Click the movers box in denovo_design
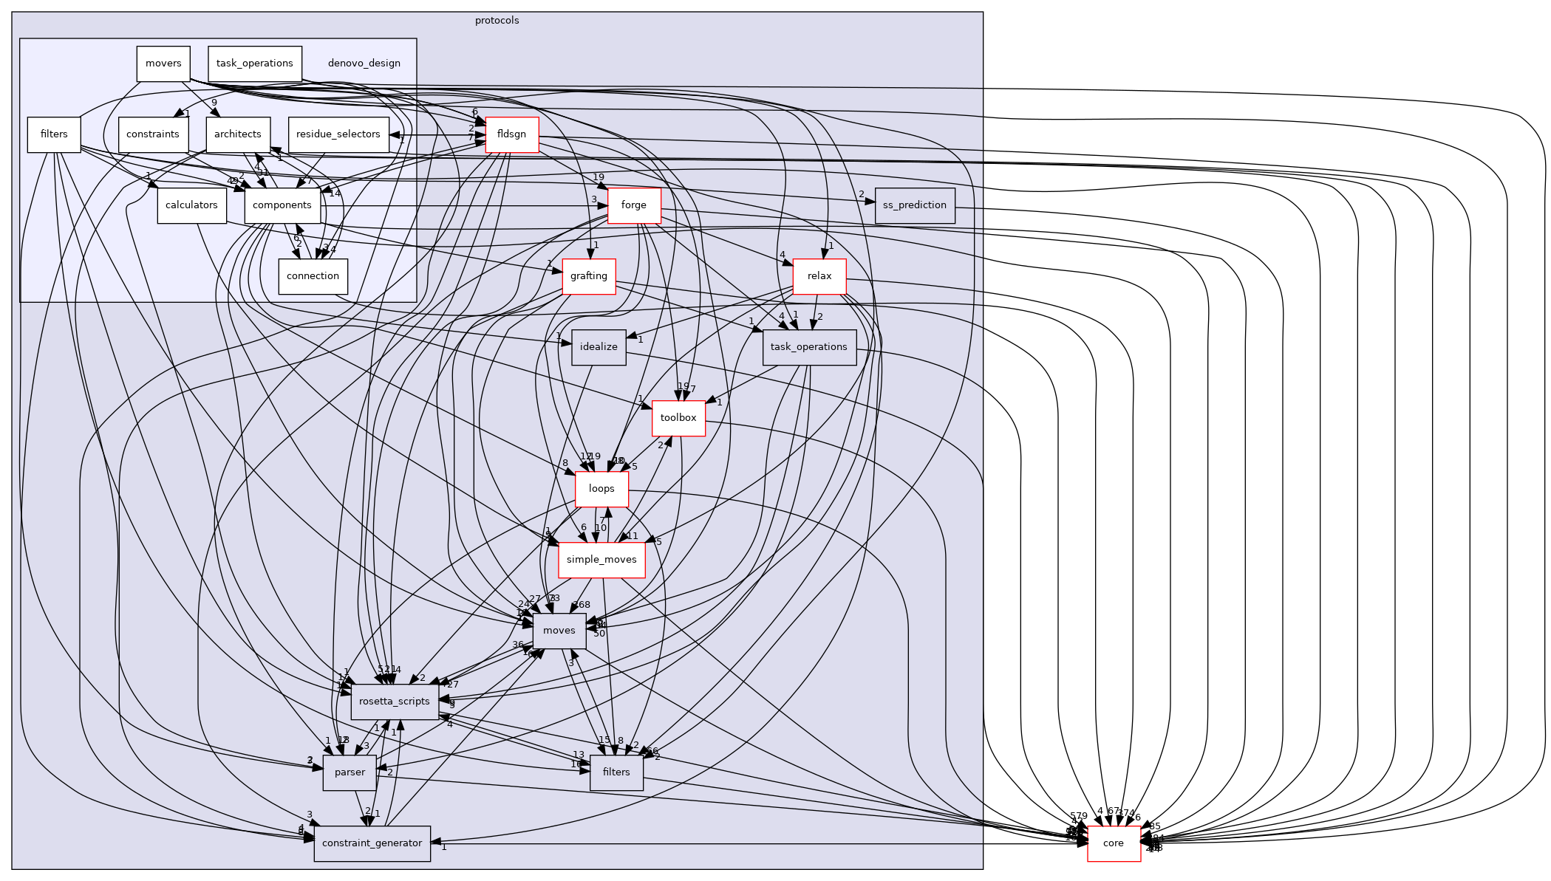pos(163,64)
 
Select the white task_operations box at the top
pos(255,64)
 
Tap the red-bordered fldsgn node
pos(511,134)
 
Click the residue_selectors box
pos(338,134)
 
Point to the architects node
pos(238,134)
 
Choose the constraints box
pos(153,134)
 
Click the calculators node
pos(191,205)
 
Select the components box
pos(282,205)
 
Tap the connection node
pos(313,276)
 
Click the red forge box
pos(633,205)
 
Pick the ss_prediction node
pos(915,205)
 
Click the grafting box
pos(589,276)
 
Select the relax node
pos(819,276)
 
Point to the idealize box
pos(599,347)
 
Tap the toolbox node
pos(678,418)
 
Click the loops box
pos(601,489)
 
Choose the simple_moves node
pos(601,560)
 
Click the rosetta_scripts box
pos(395,702)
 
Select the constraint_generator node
pos(372,843)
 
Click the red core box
pos(1114,843)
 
